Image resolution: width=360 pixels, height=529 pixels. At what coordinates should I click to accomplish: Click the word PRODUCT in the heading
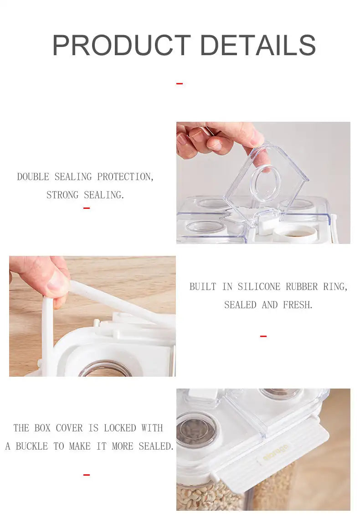pos(122,45)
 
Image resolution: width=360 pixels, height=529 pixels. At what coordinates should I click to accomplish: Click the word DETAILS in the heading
pos(258,45)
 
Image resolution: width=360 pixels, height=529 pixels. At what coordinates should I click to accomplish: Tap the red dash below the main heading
pos(180,83)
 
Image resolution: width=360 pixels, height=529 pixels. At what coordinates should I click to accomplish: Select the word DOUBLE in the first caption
pos(33,176)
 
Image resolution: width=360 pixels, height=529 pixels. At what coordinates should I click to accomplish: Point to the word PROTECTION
pos(125,176)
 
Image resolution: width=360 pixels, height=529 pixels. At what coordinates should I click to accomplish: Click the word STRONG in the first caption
pos(62,195)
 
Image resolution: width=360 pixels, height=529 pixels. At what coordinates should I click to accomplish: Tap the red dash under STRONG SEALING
pos(86,208)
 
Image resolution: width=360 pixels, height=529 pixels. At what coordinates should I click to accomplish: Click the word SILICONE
pos(259,286)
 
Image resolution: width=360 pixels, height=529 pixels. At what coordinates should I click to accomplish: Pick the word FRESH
pos(298,305)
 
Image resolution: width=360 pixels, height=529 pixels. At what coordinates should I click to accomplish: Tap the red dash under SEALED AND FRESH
pos(263,336)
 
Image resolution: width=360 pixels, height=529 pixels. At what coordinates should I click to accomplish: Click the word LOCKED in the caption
pos(120,428)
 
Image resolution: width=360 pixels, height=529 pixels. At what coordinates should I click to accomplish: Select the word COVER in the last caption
pos(69,428)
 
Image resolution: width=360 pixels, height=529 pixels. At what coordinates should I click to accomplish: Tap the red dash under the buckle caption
pos(86,475)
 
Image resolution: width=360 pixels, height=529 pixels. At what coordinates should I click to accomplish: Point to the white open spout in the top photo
pos(294,233)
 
